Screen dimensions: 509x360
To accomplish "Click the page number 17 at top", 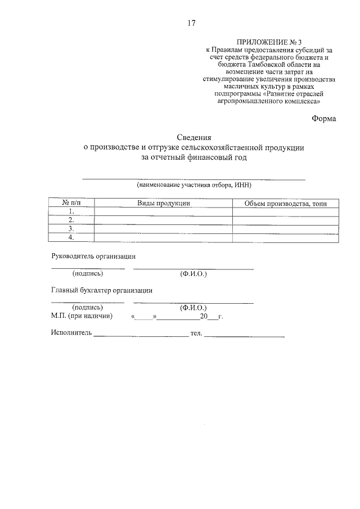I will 191,23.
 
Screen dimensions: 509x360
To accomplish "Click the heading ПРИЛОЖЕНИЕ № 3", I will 270,42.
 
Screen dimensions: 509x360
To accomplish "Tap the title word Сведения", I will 194,137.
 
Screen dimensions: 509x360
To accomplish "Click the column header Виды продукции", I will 164,203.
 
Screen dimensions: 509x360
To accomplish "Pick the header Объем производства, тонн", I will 286,203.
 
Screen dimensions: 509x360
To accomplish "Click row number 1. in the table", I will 71,211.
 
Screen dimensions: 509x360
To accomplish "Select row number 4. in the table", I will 71,238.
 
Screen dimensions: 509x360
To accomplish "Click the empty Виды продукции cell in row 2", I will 164,220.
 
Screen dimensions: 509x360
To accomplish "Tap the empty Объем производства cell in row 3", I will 286,229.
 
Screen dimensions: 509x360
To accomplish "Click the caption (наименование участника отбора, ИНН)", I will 194,184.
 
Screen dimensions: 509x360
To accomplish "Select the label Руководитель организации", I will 93,256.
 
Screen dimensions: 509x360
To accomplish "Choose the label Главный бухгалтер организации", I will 101,291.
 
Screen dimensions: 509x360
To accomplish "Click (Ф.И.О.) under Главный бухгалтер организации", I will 193,308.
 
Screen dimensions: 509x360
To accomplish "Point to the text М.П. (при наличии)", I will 82,317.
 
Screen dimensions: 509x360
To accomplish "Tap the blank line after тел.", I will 245,336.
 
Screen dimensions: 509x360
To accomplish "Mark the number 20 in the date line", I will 196,317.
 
